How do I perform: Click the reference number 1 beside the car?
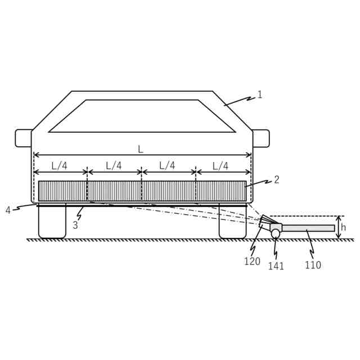click(x=260, y=94)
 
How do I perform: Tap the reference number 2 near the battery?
click(x=276, y=180)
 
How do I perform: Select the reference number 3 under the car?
click(x=75, y=225)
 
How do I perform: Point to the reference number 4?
click(x=8, y=210)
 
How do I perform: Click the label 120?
click(x=252, y=261)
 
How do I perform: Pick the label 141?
click(x=276, y=266)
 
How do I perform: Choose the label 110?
click(x=313, y=265)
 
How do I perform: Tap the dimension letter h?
click(x=343, y=227)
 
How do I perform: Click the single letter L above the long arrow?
click(x=141, y=150)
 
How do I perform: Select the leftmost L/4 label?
click(x=60, y=166)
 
